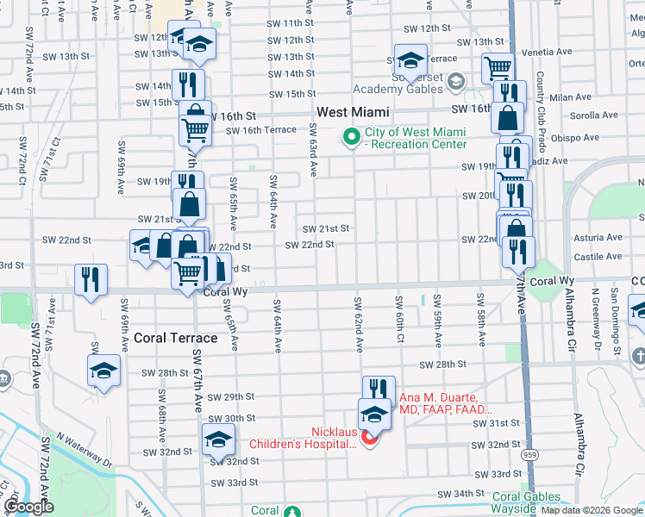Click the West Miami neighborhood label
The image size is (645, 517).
coord(353,112)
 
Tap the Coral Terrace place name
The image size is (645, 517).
coord(175,338)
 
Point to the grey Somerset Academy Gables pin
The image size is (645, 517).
coord(454,80)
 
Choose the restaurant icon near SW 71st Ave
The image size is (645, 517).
coord(90,279)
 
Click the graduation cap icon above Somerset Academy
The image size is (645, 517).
coord(411,59)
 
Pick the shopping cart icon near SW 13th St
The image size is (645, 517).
coord(498,67)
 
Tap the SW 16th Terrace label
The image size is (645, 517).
coord(260,130)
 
